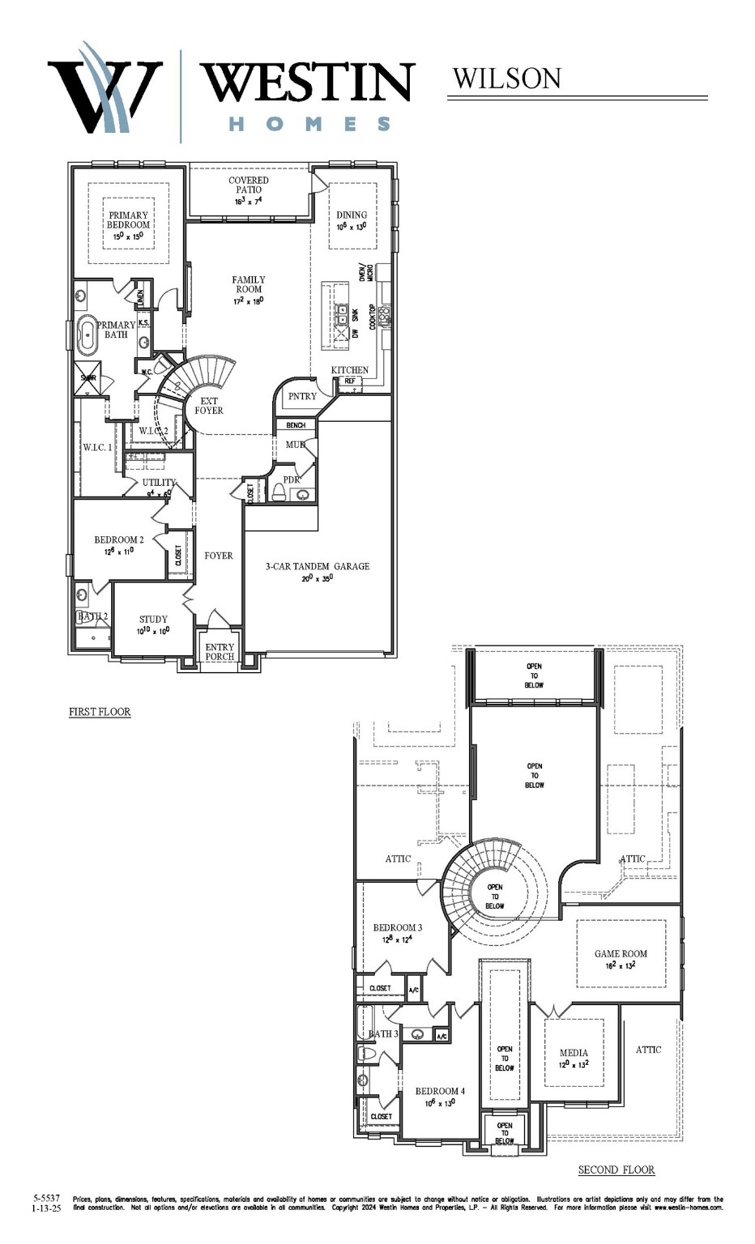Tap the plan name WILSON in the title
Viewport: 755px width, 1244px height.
coord(506,79)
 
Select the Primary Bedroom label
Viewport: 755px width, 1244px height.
coord(129,220)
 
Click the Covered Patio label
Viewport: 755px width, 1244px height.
coord(249,185)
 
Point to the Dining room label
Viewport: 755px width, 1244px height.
coord(352,215)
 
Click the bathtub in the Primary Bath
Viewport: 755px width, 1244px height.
coord(86,336)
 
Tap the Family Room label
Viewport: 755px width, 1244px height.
coord(249,284)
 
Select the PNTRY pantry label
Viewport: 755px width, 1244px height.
coord(302,396)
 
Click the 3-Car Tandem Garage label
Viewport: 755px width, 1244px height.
coord(318,566)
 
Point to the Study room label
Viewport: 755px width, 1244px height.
coord(153,619)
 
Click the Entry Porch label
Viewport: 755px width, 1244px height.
coord(220,652)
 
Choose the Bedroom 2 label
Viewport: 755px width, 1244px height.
coord(119,539)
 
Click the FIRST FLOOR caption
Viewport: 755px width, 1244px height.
coord(100,712)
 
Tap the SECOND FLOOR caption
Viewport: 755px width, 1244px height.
coord(616,1169)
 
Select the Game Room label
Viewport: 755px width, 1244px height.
coord(621,953)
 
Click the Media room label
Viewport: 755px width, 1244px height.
coord(574,1053)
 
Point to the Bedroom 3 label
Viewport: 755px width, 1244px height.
coord(397,927)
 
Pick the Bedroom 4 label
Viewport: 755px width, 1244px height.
coord(440,1091)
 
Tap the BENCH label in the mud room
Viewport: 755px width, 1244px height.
coord(296,425)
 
